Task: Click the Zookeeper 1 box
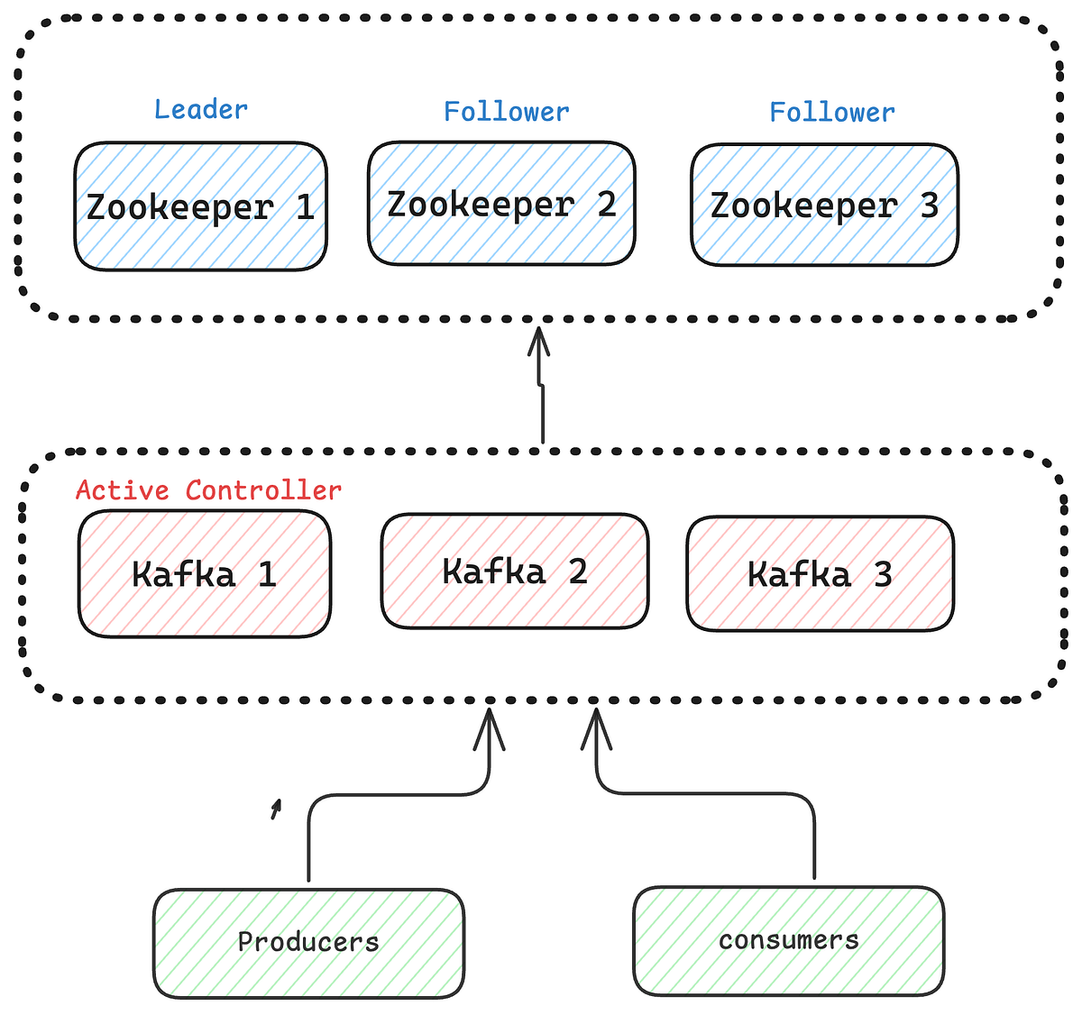(x=200, y=206)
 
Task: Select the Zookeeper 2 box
(x=501, y=204)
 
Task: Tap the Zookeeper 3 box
(x=824, y=206)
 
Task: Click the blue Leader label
(x=200, y=110)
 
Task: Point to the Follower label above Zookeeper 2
(x=506, y=112)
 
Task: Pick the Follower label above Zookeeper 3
(x=831, y=113)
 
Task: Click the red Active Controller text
(x=208, y=490)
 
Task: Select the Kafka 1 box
(x=205, y=574)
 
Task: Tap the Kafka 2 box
(x=514, y=572)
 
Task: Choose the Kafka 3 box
(x=820, y=574)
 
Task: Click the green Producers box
(x=308, y=943)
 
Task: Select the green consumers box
(x=788, y=940)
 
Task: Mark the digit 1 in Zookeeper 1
(x=305, y=207)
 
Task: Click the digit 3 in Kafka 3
(x=883, y=574)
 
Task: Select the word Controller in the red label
(x=263, y=490)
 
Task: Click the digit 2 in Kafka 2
(x=578, y=572)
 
